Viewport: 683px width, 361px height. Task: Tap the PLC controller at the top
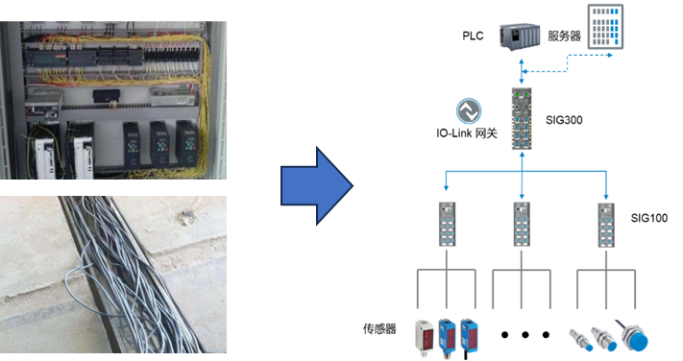tap(521, 37)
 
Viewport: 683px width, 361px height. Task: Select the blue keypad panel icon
tap(602, 28)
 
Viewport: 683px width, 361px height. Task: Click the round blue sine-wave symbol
tap(469, 112)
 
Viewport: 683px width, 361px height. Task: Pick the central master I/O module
tap(522, 120)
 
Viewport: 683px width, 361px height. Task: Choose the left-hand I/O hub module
tap(446, 224)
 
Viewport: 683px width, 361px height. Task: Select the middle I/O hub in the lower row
tap(522, 224)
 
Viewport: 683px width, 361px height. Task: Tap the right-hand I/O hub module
tap(605, 224)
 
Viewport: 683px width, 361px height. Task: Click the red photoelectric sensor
tap(424, 335)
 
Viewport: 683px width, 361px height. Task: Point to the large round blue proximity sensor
tap(634, 339)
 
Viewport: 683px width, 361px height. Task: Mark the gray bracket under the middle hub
tap(522, 278)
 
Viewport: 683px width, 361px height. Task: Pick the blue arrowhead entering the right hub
tap(605, 195)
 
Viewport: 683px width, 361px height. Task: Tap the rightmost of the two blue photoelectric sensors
tap(469, 336)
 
